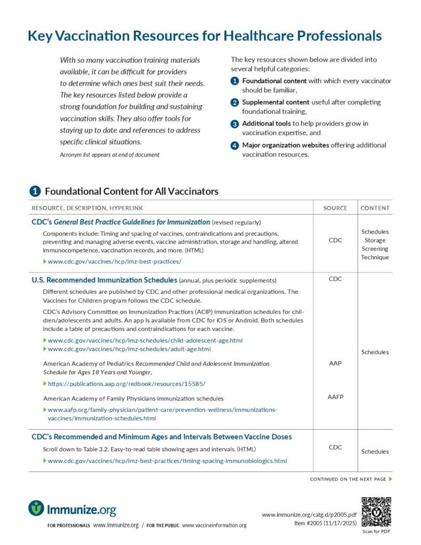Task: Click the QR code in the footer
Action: (x=376, y=511)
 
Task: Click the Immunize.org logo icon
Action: (x=36, y=508)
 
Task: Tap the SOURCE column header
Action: (x=335, y=208)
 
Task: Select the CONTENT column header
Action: (x=375, y=208)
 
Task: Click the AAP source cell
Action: (x=335, y=364)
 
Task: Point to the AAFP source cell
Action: (x=335, y=397)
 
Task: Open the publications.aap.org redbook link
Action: (x=126, y=384)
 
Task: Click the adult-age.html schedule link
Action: (x=129, y=349)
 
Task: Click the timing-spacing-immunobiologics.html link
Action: (x=167, y=461)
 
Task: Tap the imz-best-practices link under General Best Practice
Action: (x=114, y=262)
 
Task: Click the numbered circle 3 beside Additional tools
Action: (x=235, y=124)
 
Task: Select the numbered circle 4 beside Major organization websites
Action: (x=235, y=145)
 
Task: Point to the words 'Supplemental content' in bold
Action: (x=268, y=102)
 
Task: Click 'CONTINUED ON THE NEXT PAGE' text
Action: (x=348, y=480)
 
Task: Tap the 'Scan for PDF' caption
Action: (x=376, y=532)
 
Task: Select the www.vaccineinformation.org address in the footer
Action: (x=214, y=526)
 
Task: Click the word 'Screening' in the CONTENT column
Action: (x=375, y=249)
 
